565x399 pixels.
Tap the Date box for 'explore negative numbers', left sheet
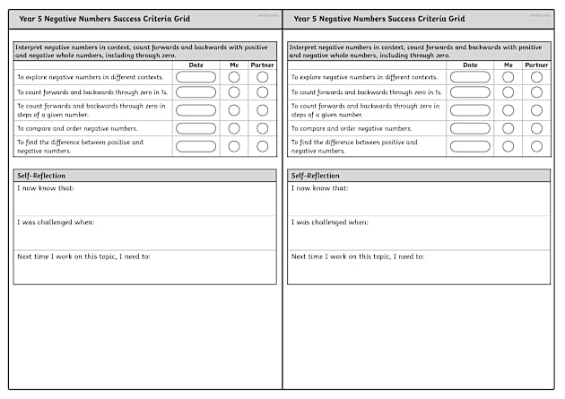pyautogui.click(x=196, y=77)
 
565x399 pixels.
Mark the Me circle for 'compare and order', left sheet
pyautogui.click(x=234, y=128)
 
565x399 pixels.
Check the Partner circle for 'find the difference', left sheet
pyautogui.click(x=262, y=146)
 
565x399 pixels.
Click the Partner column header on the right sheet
pyautogui.click(x=536, y=65)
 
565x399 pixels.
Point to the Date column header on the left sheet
pyautogui.click(x=196, y=65)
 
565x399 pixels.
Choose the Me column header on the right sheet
pyautogui.click(x=508, y=65)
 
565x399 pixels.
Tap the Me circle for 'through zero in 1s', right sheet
pyautogui.click(x=508, y=93)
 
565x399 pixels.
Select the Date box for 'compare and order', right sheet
pyautogui.click(x=470, y=128)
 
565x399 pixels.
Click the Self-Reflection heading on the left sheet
pyautogui.click(x=41, y=176)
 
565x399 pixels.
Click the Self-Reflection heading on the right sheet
pyautogui.click(x=316, y=176)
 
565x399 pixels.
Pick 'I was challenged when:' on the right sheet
pyautogui.click(x=329, y=221)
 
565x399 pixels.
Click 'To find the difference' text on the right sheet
pyautogui.click(x=328, y=143)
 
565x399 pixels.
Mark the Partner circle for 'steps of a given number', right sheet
pyautogui.click(x=536, y=110)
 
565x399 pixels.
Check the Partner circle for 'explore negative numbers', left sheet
pyautogui.click(x=262, y=77)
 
